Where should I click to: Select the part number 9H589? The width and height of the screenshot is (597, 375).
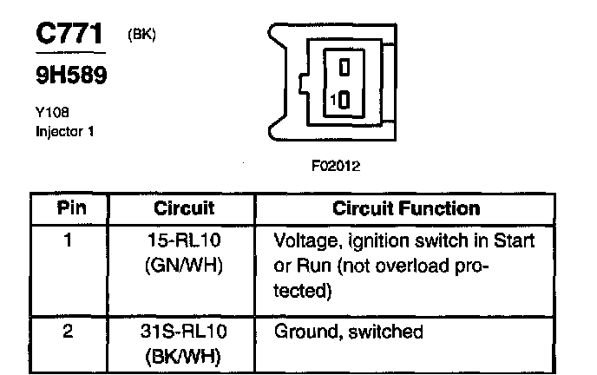(70, 76)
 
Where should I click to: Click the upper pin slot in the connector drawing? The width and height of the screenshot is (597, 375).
(344, 66)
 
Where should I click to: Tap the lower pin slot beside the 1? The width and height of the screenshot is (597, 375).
(344, 101)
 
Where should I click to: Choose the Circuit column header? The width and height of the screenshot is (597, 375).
(184, 209)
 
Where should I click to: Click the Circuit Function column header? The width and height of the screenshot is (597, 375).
(406, 209)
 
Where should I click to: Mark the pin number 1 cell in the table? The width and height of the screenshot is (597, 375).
(67, 240)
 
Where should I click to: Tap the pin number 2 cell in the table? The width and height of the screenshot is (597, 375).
(67, 332)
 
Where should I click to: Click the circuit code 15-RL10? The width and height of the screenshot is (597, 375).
(184, 240)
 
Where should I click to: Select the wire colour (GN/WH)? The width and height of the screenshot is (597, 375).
(184, 266)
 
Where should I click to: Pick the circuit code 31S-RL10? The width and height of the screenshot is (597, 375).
(184, 332)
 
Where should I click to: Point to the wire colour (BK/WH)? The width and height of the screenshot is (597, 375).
(184, 356)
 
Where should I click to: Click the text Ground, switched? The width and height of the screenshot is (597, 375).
(348, 332)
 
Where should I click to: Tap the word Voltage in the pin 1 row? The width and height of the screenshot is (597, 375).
(299, 240)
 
